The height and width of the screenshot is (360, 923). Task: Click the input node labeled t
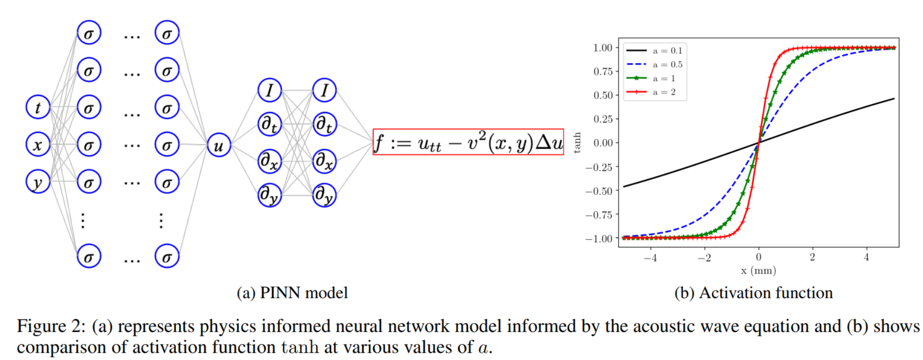point(38,107)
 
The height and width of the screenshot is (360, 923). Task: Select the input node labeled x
point(38,145)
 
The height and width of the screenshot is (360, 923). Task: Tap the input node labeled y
point(38,182)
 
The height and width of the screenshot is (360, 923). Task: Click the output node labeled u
point(219,145)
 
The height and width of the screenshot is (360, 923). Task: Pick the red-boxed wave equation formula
point(468,142)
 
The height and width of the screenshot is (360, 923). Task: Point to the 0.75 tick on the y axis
point(603,71)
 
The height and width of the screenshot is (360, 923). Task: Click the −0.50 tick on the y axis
point(599,190)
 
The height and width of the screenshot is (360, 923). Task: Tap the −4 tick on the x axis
point(650,258)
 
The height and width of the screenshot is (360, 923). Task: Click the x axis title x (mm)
point(758,271)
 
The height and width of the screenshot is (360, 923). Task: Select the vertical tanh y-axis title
point(577,142)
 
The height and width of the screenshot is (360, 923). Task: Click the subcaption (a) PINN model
point(292,293)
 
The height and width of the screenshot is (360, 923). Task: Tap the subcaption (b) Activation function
point(753,293)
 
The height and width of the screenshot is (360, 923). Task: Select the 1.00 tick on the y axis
point(603,48)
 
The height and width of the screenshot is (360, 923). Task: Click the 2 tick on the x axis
point(812,257)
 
